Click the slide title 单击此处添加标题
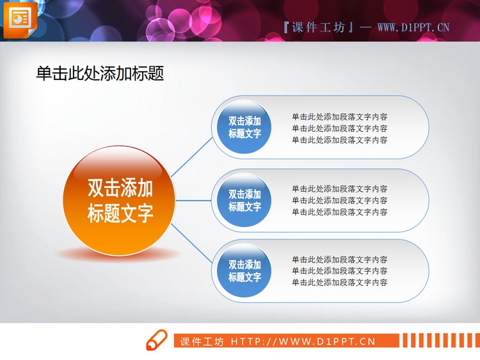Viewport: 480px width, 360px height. tap(100, 74)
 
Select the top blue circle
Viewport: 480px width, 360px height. tap(244, 127)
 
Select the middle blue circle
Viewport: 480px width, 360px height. tap(244, 200)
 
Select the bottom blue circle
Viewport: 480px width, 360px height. tap(244, 270)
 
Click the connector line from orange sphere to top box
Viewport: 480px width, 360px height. tap(192, 157)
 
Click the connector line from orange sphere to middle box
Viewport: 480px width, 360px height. tap(193, 200)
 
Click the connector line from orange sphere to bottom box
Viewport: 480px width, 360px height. tap(192, 243)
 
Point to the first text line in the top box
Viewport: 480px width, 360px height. tap(339, 117)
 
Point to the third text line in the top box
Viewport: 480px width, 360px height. tap(339, 140)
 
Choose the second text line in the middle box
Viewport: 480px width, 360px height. tap(339, 200)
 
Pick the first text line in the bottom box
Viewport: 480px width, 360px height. tap(339, 260)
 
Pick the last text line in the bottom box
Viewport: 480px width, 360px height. tap(339, 283)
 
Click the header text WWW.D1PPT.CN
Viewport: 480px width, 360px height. tap(413, 27)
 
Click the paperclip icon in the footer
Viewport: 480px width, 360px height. tap(156, 340)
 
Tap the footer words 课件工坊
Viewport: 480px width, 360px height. tap(202, 341)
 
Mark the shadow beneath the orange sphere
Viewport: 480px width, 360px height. tap(118, 254)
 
